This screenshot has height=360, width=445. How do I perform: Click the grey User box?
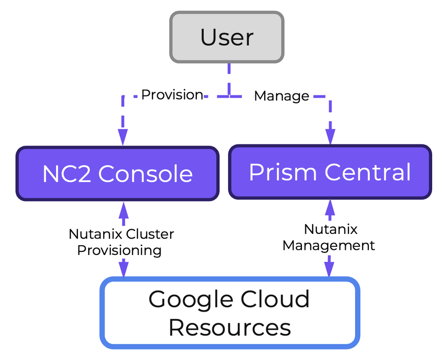(x=227, y=37)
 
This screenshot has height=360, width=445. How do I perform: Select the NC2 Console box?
(x=117, y=174)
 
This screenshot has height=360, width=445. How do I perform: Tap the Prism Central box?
(x=330, y=172)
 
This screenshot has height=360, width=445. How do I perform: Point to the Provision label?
(x=172, y=95)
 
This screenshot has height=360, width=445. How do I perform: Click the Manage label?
(x=282, y=96)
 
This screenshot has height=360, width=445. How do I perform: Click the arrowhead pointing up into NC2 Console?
(x=123, y=210)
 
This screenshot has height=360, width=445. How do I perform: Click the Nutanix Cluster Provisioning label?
(x=121, y=242)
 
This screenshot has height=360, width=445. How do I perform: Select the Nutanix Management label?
(x=329, y=237)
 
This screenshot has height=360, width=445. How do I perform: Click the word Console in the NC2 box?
(x=145, y=174)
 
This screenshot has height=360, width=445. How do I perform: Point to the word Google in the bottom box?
(x=189, y=299)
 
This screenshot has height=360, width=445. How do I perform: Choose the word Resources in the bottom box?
(x=229, y=327)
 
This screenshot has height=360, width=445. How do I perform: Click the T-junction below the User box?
(x=229, y=96)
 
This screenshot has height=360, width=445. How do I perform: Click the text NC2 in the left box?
(x=67, y=174)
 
